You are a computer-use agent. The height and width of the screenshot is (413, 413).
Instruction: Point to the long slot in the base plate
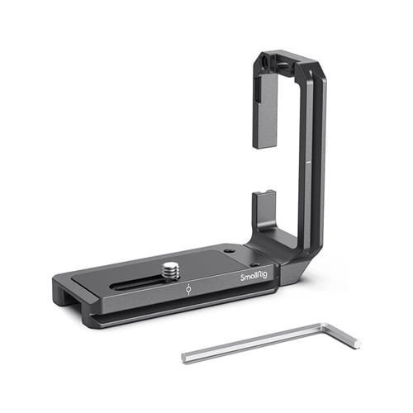(x=149, y=282)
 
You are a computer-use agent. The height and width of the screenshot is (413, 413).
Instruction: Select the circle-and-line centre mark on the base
(x=188, y=289)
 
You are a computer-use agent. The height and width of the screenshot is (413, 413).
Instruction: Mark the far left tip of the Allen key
(x=184, y=358)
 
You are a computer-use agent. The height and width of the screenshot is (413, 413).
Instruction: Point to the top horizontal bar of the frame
(x=289, y=61)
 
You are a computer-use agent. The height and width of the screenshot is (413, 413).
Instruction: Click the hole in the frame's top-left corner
(x=266, y=63)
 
